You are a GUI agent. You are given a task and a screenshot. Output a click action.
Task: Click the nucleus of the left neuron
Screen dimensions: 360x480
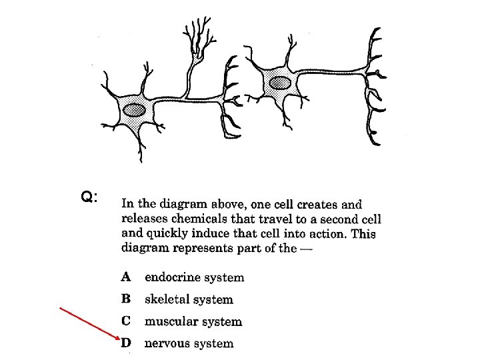pos(136,109)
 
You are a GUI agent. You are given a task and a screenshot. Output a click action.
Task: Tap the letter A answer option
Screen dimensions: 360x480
pos(127,277)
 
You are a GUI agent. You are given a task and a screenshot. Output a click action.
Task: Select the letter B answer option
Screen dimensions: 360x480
pos(126,299)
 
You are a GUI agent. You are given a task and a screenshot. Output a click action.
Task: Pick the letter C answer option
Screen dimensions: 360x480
pos(126,321)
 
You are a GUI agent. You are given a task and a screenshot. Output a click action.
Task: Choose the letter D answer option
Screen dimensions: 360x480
pos(127,343)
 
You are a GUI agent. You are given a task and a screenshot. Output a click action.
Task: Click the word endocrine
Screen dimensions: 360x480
pos(175,277)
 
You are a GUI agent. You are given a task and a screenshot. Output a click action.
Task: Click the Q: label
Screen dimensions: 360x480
pos(89,197)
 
